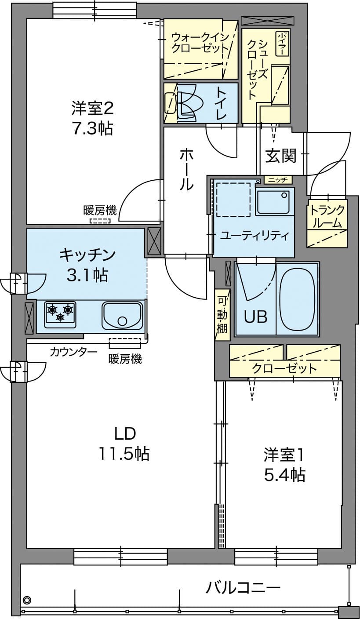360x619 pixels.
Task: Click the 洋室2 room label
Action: (93, 109)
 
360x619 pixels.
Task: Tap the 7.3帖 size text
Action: (92, 128)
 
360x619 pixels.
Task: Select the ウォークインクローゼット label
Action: (200, 42)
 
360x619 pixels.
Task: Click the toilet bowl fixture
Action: (182, 103)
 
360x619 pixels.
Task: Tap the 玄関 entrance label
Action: (281, 156)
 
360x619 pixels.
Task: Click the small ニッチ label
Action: (278, 180)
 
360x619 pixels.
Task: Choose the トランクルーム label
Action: (327, 216)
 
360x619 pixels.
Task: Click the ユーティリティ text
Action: (255, 236)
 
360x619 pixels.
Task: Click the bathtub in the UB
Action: (297, 299)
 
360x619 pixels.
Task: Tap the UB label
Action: (256, 317)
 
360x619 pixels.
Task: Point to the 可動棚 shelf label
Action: (222, 314)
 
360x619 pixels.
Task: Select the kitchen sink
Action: (122, 315)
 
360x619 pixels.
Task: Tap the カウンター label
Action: (73, 352)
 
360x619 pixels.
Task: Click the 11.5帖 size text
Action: (124, 454)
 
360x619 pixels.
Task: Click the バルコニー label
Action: (244, 580)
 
